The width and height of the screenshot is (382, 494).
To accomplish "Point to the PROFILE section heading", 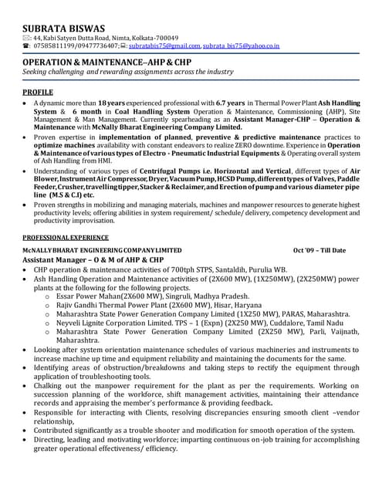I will tap(38, 92).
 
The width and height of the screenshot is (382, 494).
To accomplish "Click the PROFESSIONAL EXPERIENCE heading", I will tap(65, 238).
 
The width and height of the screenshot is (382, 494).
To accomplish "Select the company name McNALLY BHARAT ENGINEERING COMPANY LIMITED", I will tap(102, 251).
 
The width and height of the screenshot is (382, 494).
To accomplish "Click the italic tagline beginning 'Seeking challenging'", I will tap(127, 71).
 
